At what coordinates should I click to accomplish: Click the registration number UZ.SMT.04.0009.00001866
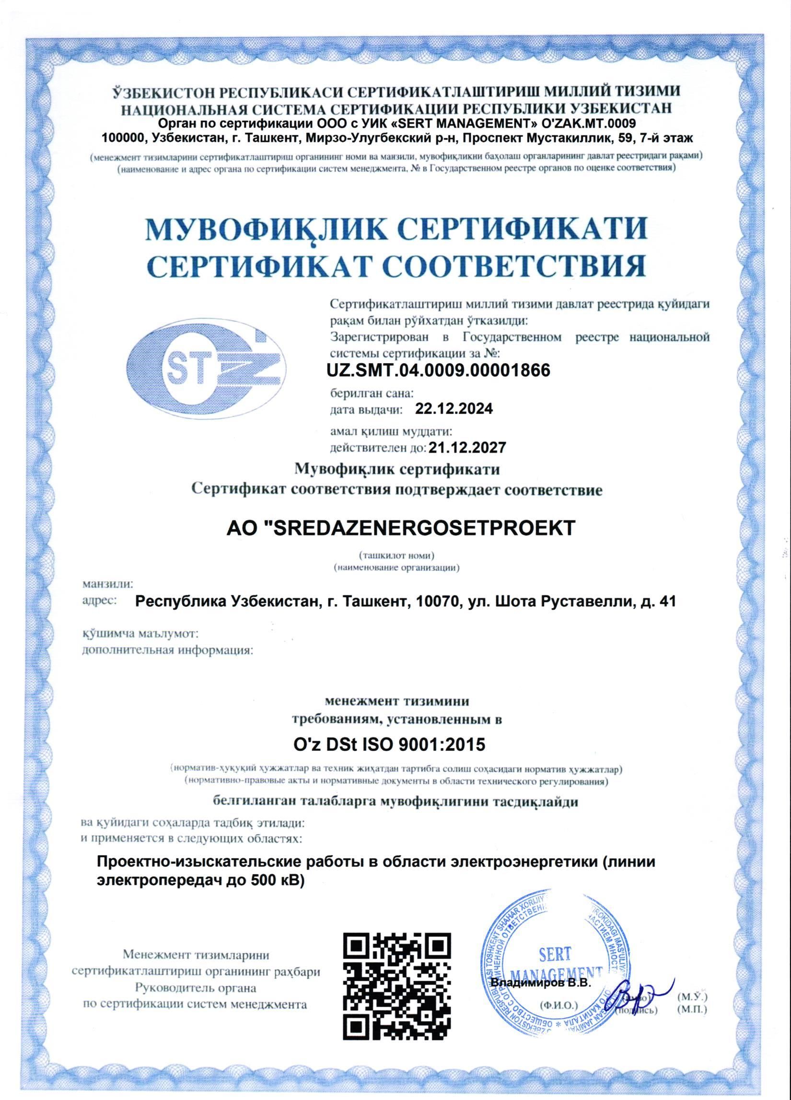(x=440, y=371)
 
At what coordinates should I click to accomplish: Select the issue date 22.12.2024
(x=454, y=409)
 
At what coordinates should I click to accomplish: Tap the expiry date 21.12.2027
(x=467, y=447)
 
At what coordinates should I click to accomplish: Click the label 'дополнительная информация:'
(x=168, y=650)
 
